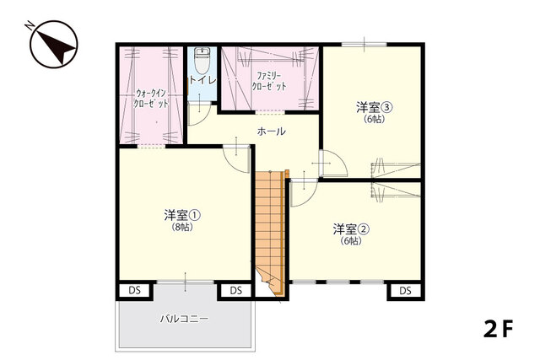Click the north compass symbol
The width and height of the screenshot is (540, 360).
[53, 44]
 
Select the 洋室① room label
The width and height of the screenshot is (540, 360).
[182, 215]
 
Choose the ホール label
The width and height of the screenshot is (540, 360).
[271, 132]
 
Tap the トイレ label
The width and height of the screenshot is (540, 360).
[202, 80]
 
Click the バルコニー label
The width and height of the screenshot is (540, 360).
[184, 320]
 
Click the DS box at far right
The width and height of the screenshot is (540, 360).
[405, 291]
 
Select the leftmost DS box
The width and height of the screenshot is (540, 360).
[134, 291]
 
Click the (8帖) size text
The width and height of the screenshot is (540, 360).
[182, 227]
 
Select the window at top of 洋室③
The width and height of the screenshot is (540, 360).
[364, 43]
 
